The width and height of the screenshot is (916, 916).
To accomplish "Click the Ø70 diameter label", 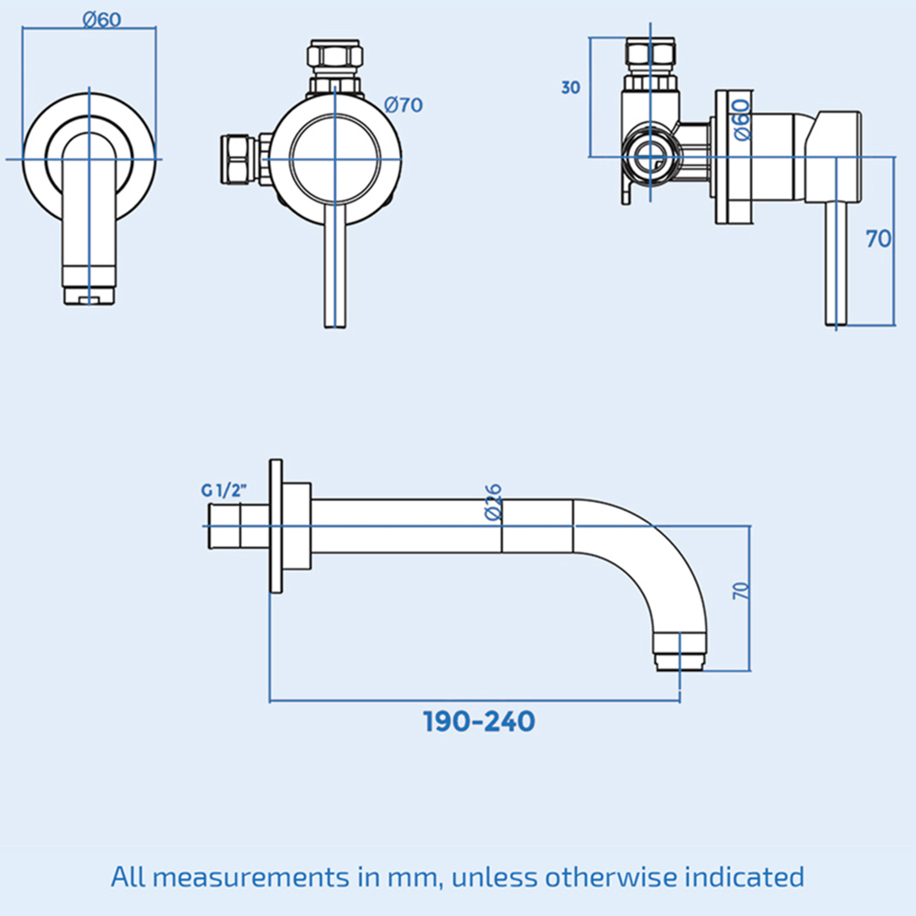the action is tap(403, 105).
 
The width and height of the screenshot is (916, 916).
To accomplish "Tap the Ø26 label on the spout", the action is tap(494, 502).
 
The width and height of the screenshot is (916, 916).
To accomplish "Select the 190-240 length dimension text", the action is tap(479, 722).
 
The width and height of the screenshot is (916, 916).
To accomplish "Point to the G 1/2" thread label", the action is tap(224, 490).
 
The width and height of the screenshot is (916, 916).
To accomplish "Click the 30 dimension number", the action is tap(571, 88).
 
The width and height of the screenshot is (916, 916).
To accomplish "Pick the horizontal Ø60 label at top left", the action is tap(103, 20).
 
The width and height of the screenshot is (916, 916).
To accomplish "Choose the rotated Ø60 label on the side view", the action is tap(742, 120).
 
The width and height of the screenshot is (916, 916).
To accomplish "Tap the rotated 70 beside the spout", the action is tap(741, 591).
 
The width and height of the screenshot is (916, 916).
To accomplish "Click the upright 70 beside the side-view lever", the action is tap(878, 238).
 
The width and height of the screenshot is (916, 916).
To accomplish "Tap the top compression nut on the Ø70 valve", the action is tap(335, 56).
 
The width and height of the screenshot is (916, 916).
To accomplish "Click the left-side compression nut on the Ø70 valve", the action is tap(238, 158).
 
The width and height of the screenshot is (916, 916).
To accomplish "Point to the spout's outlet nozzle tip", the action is tap(680, 662).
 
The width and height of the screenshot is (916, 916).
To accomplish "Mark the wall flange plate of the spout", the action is tap(276, 527).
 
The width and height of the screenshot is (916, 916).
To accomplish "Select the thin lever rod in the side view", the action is tap(836, 264).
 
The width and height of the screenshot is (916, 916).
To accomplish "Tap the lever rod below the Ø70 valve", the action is tap(335, 275).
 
